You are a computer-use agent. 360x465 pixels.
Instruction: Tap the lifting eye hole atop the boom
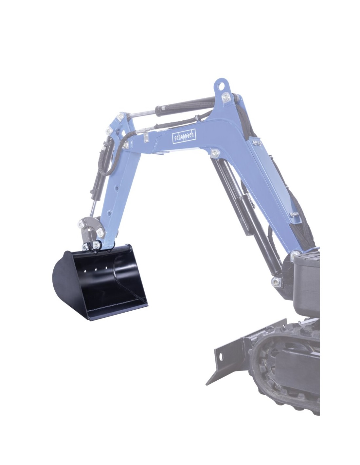221,86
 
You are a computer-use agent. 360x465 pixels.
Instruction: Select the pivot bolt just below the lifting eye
225,97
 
